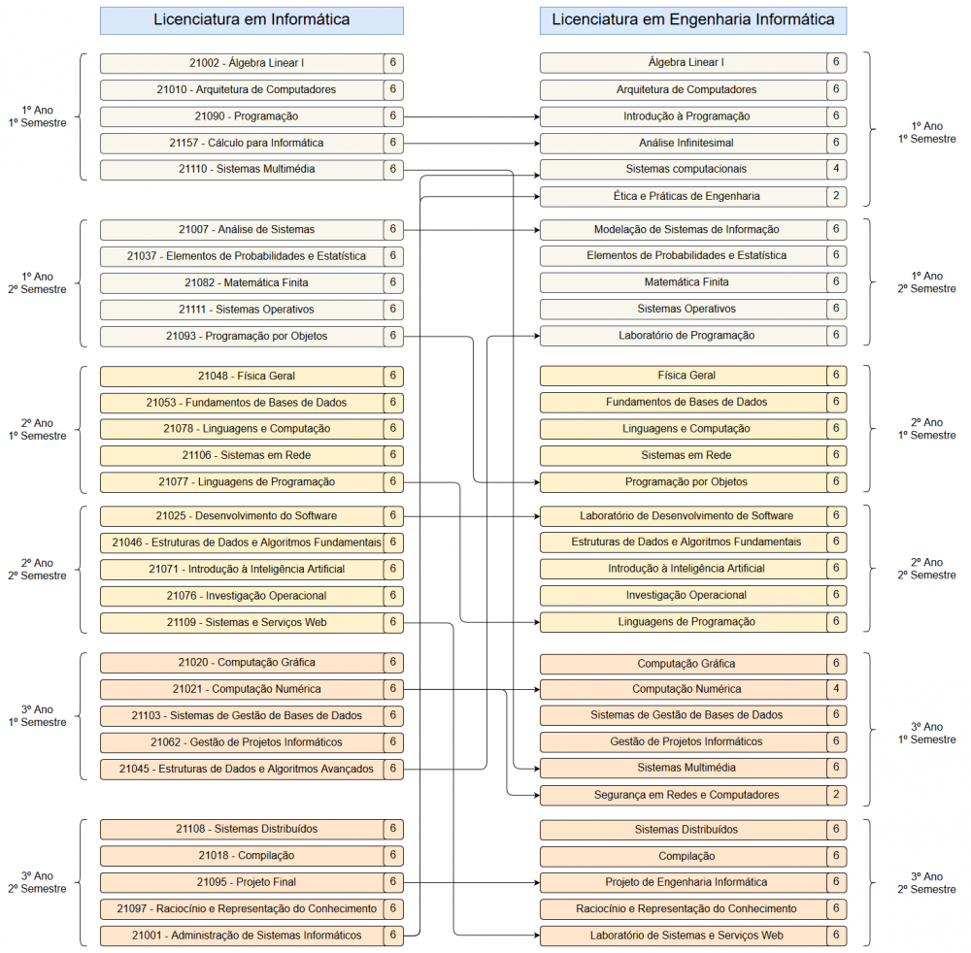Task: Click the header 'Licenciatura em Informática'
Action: [x=251, y=19]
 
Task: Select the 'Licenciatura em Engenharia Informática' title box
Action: [x=692, y=19]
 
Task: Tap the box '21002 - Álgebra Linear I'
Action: [x=242, y=63]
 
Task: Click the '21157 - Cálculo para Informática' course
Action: [x=242, y=143]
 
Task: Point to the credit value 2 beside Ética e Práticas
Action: [x=836, y=196]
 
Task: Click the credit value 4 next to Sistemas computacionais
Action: [x=836, y=169]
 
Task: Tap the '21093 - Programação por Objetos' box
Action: [x=242, y=336]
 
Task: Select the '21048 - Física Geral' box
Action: [x=242, y=376]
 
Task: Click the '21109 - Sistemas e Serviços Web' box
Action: [x=242, y=622]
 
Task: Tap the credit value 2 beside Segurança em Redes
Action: [x=836, y=795]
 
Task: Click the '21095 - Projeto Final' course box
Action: [x=242, y=882]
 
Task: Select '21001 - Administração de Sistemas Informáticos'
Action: [x=242, y=936]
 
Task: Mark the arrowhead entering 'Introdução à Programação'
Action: [x=535, y=116]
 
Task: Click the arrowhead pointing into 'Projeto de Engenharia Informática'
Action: [x=535, y=882]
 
